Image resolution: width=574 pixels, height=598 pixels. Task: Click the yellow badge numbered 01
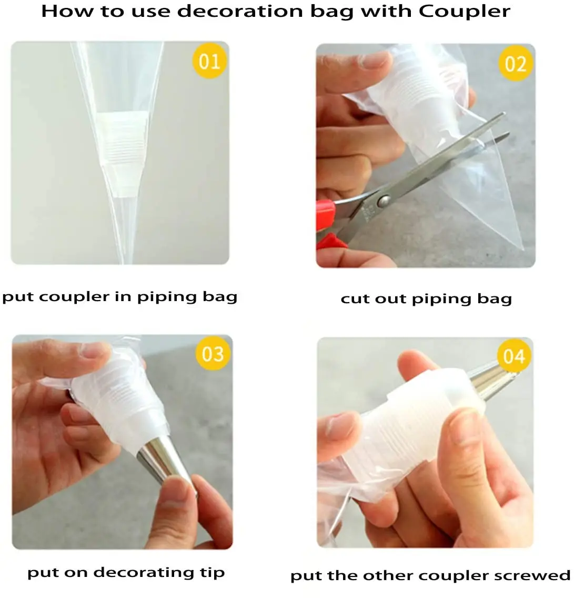[209, 61]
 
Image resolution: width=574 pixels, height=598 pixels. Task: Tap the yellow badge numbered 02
[515, 63]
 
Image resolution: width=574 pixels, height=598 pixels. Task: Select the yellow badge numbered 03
[213, 354]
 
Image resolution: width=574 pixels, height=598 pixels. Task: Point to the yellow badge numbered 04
[514, 356]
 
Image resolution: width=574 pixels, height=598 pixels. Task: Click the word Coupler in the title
[464, 11]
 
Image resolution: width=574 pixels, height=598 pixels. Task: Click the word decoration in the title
[240, 11]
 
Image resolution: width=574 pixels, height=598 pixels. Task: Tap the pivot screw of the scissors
[383, 200]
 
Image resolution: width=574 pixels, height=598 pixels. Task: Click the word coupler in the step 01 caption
[74, 297]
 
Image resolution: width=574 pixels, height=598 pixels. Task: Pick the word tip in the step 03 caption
[213, 572]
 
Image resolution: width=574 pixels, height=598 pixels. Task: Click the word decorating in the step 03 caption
[144, 572]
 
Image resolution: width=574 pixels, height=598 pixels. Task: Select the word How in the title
[67, 11]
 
